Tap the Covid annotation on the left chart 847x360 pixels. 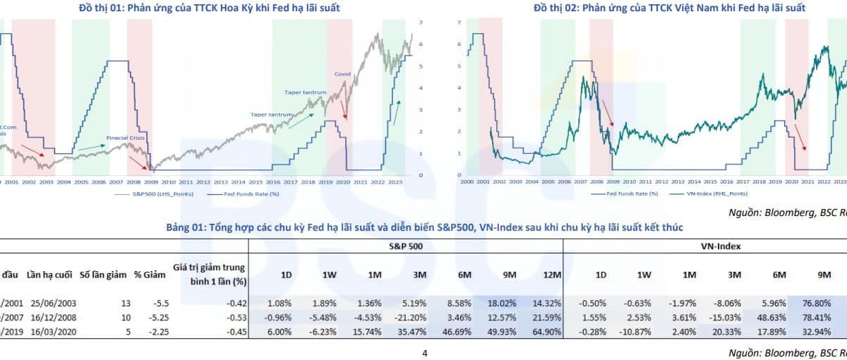click(342, 73)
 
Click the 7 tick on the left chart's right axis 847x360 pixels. click(421, 23)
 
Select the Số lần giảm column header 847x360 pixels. click(100, 274)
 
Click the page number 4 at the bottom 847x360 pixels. click(423, 353)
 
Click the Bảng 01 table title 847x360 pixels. click(424, 227)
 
